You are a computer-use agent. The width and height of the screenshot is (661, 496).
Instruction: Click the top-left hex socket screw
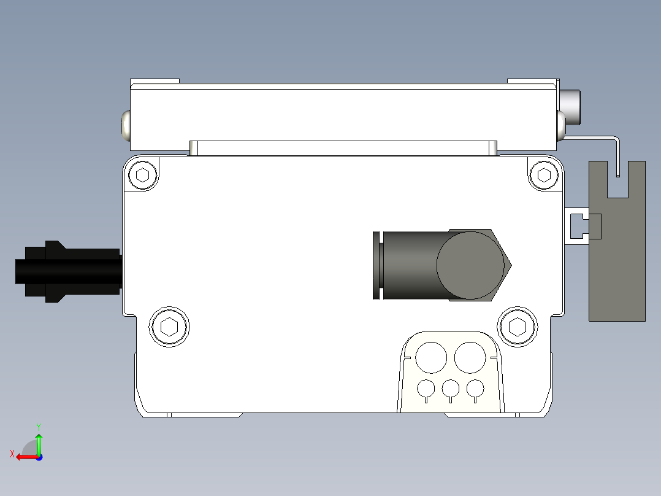click(x=143, y=175)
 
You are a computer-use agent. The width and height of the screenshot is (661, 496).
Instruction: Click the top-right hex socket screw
click(x=544, y=175)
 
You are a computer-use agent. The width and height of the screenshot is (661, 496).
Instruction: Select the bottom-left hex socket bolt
click(x=169, y=326)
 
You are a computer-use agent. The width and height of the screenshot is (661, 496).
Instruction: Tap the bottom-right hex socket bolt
click(x=518, y=326)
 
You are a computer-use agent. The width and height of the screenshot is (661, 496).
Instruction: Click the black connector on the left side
click(x=67, y=271)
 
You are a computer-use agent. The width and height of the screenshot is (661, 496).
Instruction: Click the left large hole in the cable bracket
click(x=431, y=357)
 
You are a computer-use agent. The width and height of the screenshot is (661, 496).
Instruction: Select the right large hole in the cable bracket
click(x=470, y=357)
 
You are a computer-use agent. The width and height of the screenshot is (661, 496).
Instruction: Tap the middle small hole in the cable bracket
click(x=451, y=389)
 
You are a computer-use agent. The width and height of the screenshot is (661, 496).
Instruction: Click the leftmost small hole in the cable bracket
click(x=426, y=389)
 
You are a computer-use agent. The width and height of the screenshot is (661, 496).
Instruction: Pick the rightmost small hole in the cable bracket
click(x=475, y=389)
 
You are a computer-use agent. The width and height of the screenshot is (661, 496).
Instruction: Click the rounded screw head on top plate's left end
click(x=126, y=125)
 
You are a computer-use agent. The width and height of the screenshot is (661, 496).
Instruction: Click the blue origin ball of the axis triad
click(x=39, y=457)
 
